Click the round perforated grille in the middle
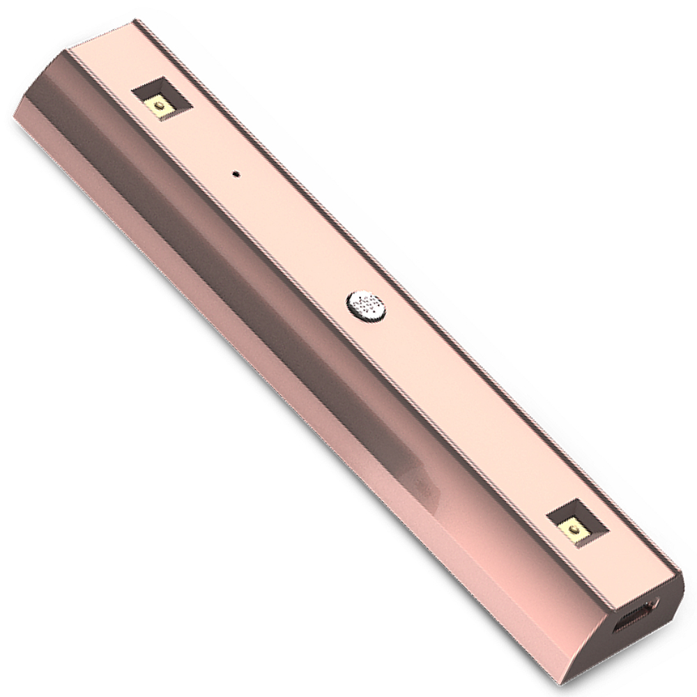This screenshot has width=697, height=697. coord(366,305)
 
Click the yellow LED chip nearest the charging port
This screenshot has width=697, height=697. coord(575,531)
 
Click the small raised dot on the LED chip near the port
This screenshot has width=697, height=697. coord(576,531)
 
